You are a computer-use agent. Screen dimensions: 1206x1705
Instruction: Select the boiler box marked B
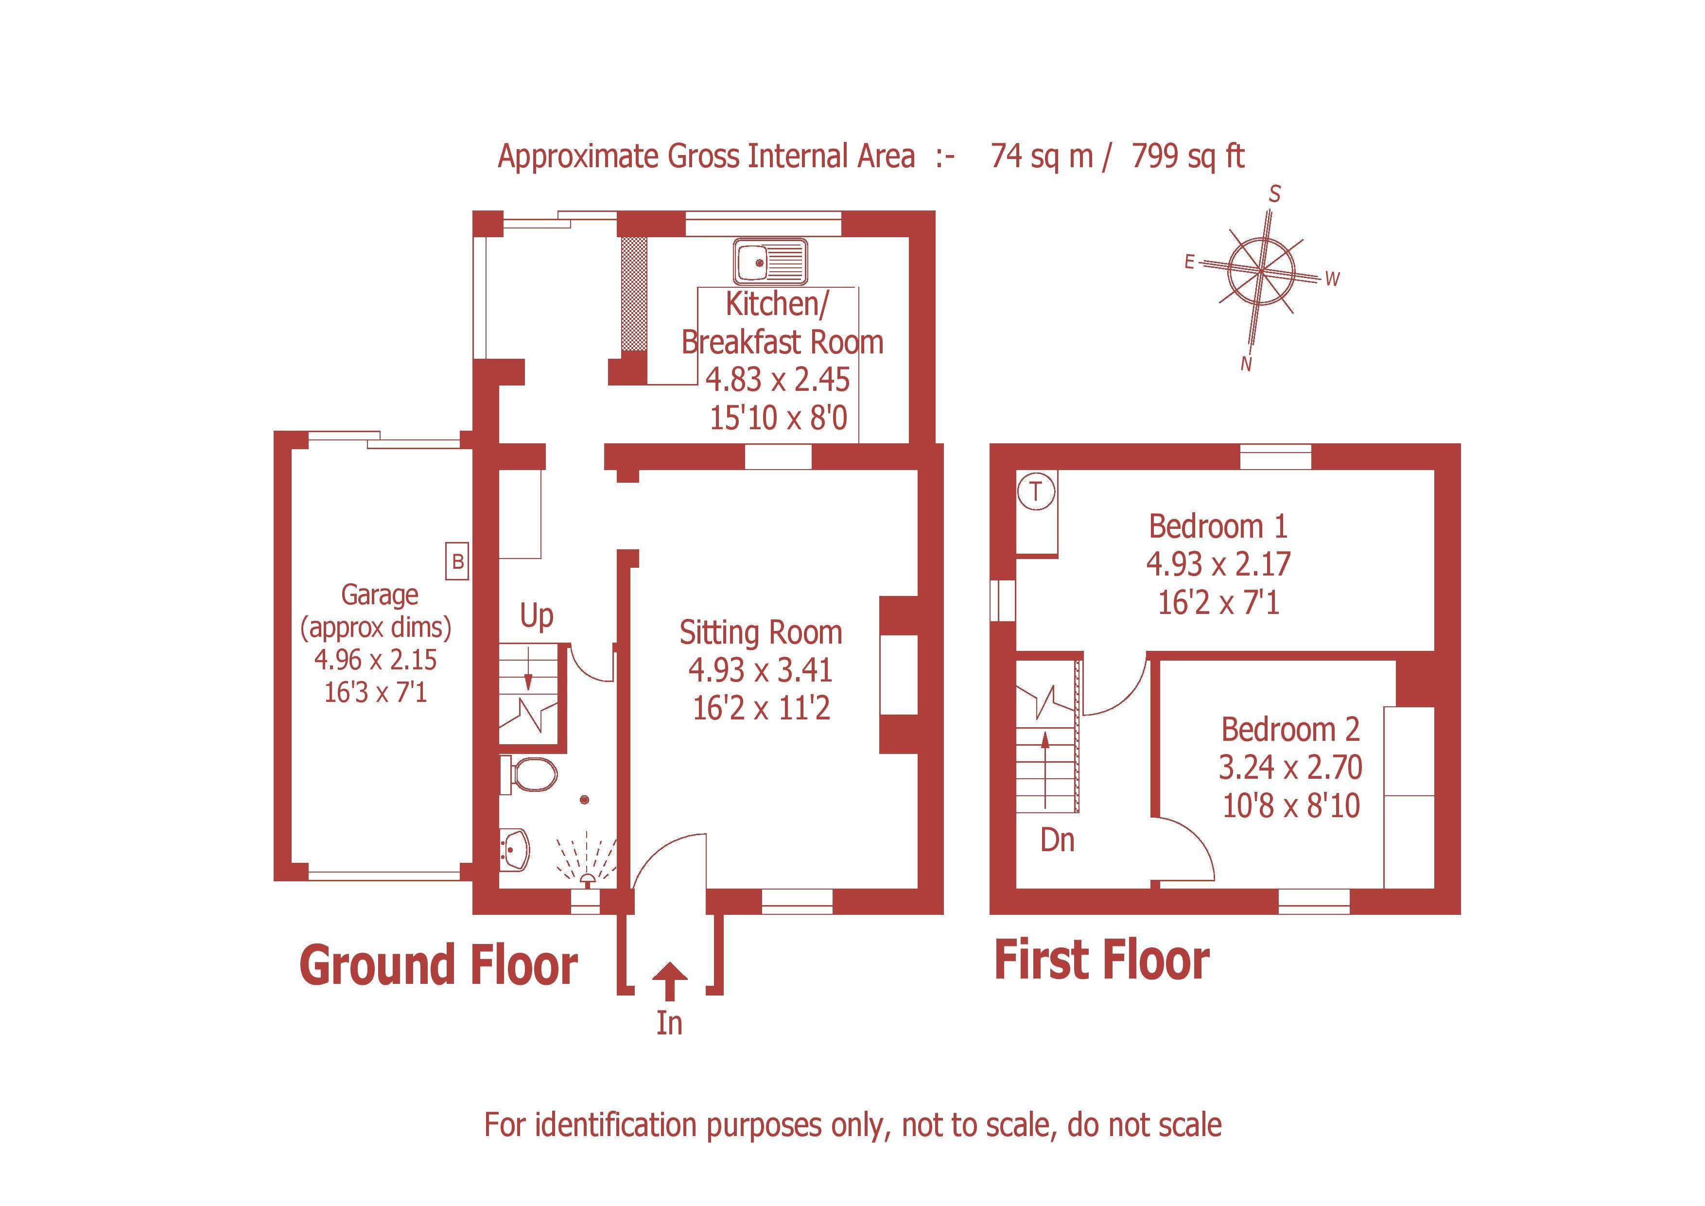click(457, 561)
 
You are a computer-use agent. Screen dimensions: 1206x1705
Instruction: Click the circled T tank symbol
click(1035, 491)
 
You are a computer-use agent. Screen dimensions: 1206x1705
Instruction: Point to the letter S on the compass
click(1274, 194)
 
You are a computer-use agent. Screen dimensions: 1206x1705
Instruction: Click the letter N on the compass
click(1246, 364)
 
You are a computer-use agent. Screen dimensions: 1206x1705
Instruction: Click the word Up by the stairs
click(536, 615)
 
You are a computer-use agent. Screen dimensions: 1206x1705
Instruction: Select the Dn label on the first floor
click(1057, 840)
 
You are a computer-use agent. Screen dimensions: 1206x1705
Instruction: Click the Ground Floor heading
click(438, 965)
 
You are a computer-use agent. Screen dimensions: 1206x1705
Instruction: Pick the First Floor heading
click(1101, 960)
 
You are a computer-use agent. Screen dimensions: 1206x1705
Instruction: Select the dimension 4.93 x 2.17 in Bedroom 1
click(1218, 564)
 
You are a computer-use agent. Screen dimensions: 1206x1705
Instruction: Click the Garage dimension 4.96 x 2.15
click(375, 660)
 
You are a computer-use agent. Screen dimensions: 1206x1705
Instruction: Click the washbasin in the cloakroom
click(515, 848)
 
